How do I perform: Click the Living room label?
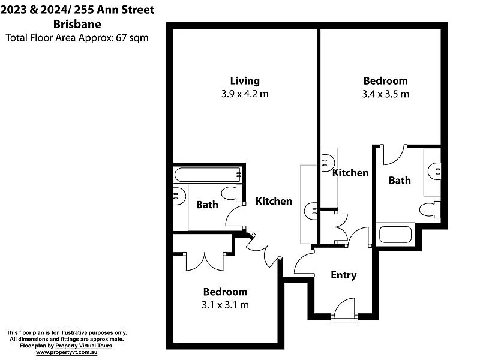point(245,80)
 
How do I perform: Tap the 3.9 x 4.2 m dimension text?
point(245,94)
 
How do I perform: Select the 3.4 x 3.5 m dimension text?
point(385,94)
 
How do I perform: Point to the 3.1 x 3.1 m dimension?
point(225,305)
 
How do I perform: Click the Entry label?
point(344,275)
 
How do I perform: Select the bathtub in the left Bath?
point(208,175)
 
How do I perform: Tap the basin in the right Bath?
point(434,170)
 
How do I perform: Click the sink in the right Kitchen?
point(326,160)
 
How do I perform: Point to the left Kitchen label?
point(274,201)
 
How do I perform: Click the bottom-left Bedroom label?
point(225,292)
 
